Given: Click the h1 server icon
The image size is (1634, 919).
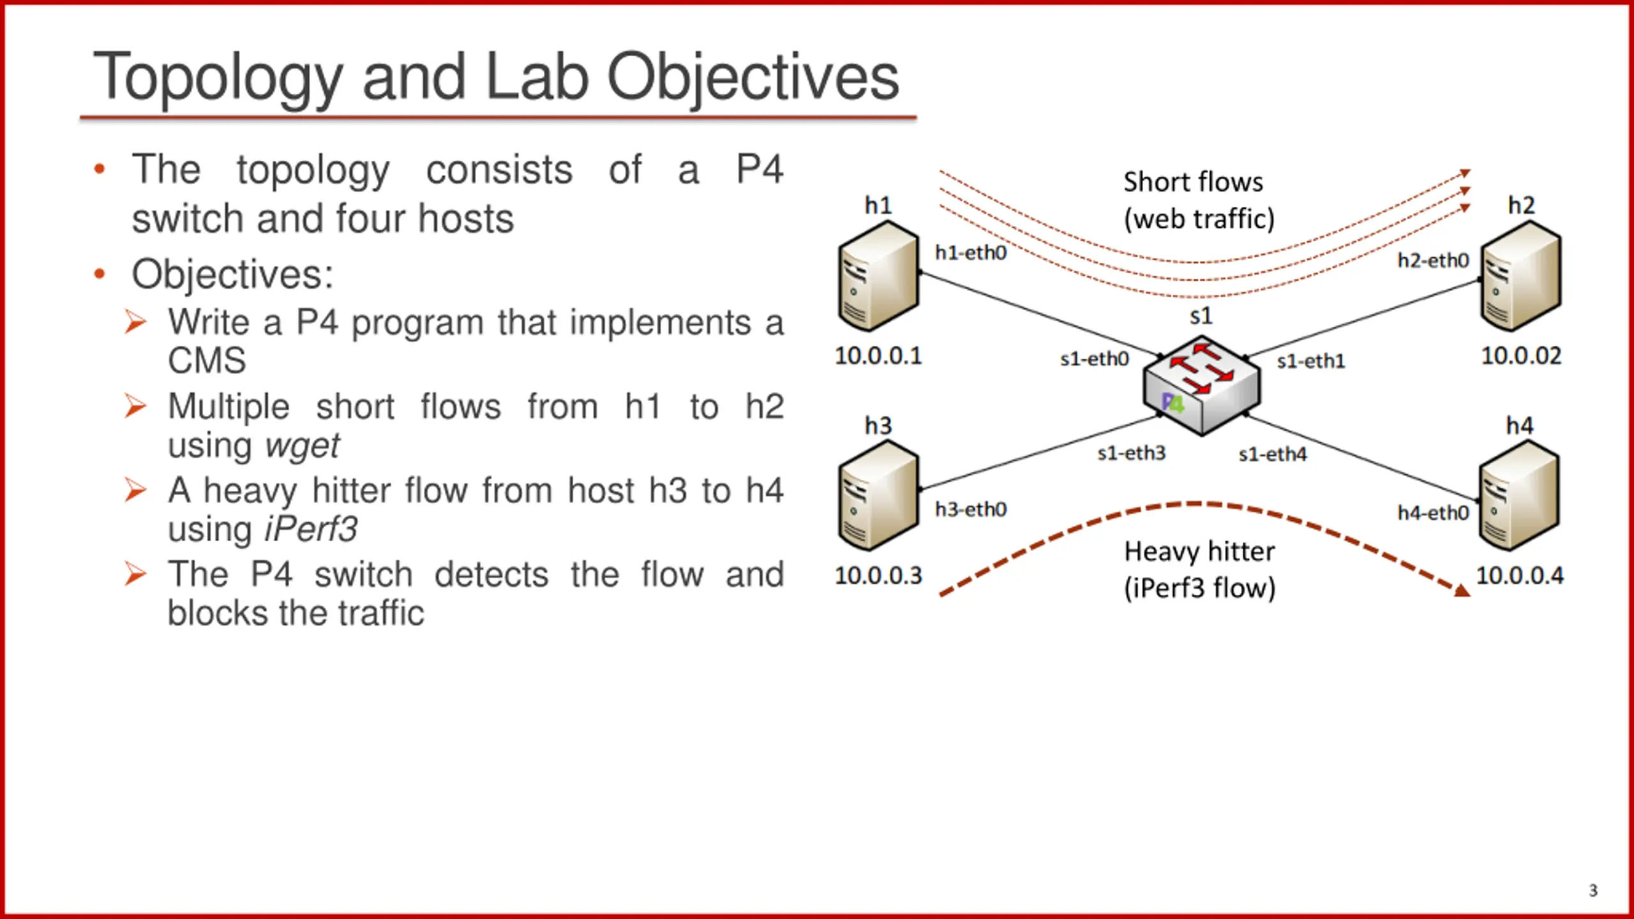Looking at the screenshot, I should [x=879, y=276].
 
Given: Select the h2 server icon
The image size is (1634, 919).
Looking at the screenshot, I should [x=1521, y=276].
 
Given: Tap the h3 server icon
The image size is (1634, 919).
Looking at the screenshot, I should [x=879, y=496].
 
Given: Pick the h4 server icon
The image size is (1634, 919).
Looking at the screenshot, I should [x=1520, y=496].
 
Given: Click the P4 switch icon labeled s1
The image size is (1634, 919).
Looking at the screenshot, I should [x=1202, y=385].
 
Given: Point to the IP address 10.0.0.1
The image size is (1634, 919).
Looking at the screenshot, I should [x=878, y=356].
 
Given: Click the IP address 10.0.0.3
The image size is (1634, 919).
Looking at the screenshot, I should [x=878, y=576].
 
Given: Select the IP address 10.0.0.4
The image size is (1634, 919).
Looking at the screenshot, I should [x=1520, y=576].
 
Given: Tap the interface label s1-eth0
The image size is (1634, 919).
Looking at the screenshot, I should [x=1094, y=359].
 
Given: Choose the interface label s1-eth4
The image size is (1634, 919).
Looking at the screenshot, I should [x=1273, y=454].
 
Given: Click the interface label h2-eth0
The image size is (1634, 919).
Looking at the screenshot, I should [x=1433, y=260].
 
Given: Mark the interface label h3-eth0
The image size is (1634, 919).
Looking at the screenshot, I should [x=971, y=509].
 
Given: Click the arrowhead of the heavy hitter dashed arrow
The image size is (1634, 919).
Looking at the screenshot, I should [x=1462, y=590].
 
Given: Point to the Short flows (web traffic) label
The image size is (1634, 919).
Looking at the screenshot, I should [x=1199, y=200].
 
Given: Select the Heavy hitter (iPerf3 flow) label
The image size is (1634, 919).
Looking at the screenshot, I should [x=1199, y=569].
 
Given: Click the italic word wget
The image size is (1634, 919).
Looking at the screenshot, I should [x=303, y=445].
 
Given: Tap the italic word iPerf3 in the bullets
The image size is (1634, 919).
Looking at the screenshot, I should [x=311, y=529].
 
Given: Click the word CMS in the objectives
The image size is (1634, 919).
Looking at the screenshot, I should [x=207, y=361].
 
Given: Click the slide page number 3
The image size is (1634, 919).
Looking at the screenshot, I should [x=1593, y=890].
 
